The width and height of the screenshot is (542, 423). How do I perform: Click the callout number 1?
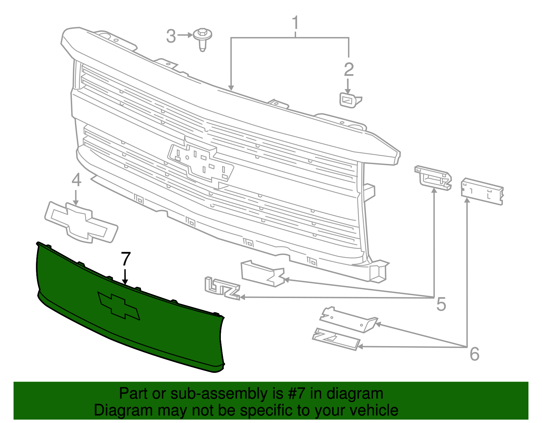tap(295, 23)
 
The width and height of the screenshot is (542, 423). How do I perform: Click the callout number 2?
tap(349, 69)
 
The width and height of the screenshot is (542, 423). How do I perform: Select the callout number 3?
tap(171, 36)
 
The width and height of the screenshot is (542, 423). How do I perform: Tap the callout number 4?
tap(77, 180)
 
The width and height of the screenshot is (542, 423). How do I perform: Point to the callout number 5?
tap(441, 304)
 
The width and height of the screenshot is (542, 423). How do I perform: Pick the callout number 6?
tap(474, 354)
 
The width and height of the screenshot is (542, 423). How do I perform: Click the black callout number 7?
tap(126, 259)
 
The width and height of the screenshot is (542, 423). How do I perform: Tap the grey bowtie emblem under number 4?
tap(81, 222)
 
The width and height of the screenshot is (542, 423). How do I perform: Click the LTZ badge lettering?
tap(222, 288)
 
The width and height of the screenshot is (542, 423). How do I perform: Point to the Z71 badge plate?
tap(336, 339)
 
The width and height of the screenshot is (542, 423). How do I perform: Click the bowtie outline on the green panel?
tap(119, 305)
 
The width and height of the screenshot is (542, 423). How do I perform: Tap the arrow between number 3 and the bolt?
tap(185, 35)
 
